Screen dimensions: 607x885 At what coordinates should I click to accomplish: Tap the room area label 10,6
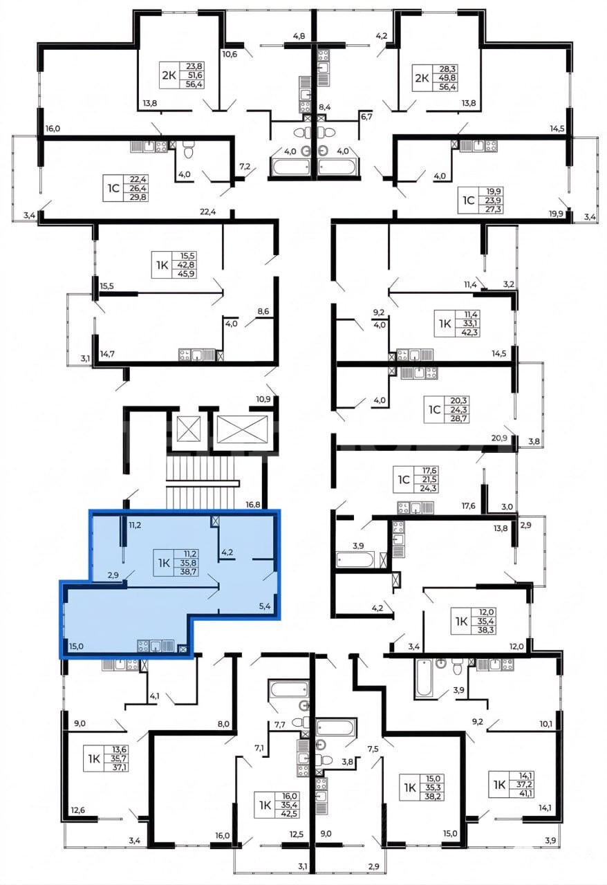[x=230, y=54]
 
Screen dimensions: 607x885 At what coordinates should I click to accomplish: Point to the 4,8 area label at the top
[x=299, y=37]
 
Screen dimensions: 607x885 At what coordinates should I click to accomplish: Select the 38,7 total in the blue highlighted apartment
[x=188, y=571]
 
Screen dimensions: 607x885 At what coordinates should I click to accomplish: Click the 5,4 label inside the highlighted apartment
[x=265, y=606]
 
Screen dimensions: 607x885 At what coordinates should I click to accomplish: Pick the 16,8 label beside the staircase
[x=252, y=505]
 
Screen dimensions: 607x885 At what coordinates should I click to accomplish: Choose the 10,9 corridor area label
[x=263, y=400]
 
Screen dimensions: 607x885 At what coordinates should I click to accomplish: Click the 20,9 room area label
[x=499, y=438]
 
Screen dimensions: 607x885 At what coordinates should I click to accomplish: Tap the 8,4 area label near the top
[x=324, y=106]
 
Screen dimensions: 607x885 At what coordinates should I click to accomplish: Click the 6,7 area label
[x=366, y=117]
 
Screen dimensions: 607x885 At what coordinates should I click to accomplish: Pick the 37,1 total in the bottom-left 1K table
[x=120, y=767]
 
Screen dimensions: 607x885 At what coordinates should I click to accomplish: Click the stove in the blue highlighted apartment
[x=142, y=646]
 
